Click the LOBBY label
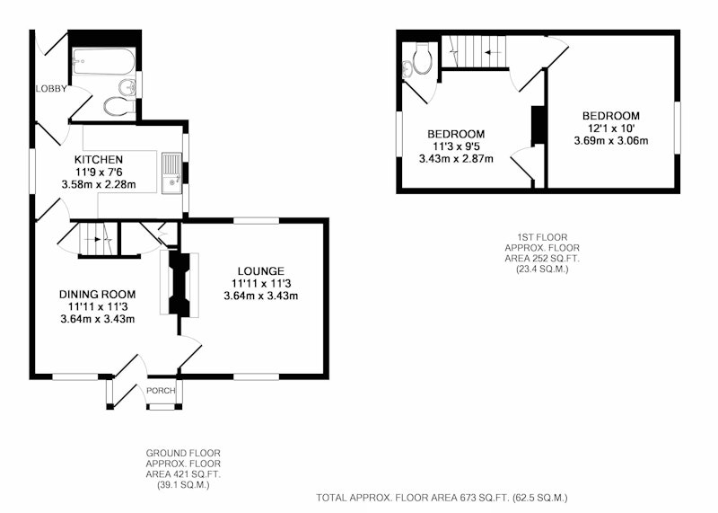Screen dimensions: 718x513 click(51, 89)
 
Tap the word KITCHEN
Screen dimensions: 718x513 click(99, 160)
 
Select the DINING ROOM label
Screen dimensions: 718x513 click(98, 295)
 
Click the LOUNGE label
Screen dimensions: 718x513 click(260, 271)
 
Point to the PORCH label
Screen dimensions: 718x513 click(161, 391)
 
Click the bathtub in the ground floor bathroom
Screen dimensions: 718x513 click(103, 61)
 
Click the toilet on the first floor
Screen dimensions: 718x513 click(423, 58)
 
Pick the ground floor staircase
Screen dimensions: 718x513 click(97, 238)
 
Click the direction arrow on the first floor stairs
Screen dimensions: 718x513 click(493, 52)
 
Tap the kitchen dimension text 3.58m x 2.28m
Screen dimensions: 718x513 click(99, 185)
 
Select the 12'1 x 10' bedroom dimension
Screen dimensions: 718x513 click(611, 128)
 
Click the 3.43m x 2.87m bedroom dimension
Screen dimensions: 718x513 click(456, 159)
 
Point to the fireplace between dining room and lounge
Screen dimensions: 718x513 click(179, 283)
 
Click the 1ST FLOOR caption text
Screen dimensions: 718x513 click(542, 237)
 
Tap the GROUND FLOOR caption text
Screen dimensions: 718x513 click(183, 454)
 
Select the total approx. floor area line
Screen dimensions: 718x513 click(442, 498)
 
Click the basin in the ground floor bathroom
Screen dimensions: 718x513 click(127, 86)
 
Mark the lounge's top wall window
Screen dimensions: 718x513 click(256, 220)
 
